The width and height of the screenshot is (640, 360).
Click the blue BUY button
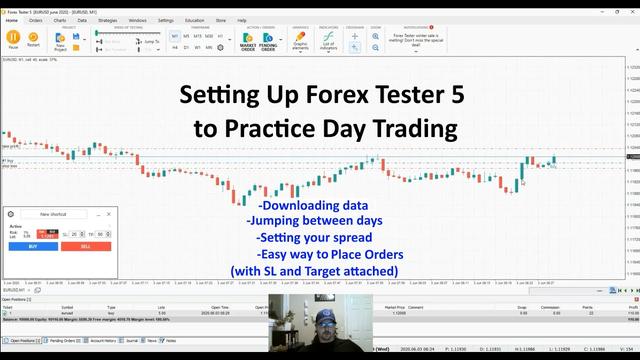point(33,246)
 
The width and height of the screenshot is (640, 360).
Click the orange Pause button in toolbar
point(13,40)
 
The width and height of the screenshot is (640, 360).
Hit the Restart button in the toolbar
point(34,40)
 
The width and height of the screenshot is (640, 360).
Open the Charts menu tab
point(59,20)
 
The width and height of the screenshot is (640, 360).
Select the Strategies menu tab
point(107,20)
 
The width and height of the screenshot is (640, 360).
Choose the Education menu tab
point(194,20)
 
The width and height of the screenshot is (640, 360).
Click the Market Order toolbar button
point(248,41)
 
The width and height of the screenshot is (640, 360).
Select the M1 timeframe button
point(174,36)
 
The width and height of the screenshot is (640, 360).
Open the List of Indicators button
point(328,41)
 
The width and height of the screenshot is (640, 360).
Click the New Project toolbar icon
point(61,41)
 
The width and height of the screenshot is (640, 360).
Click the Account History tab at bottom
point(103,340)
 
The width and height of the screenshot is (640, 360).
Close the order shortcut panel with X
point(109,214)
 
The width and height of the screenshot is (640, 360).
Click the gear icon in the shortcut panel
point(11,214)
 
